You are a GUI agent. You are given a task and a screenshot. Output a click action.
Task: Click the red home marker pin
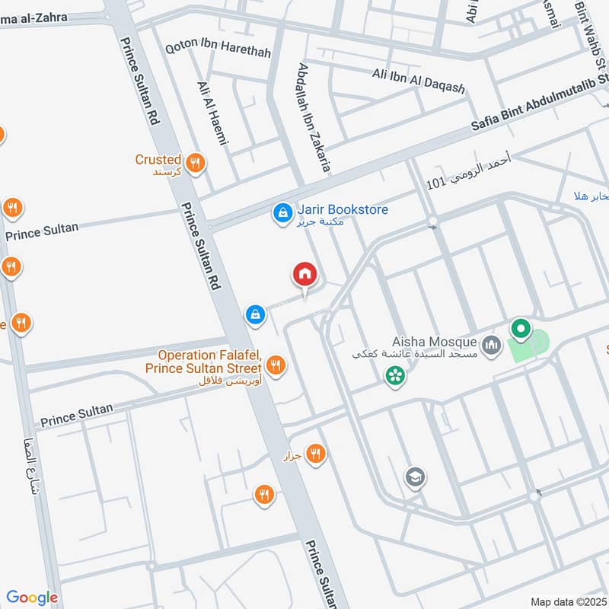pos(304,275)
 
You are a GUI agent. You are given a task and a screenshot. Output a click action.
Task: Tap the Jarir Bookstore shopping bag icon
pos(282,214)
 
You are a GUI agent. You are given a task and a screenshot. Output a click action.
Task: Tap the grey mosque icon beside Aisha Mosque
pos(492,346)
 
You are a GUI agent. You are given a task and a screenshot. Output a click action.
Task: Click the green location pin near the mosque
pos(521,330)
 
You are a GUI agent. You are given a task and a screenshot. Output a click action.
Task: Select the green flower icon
pos(394,375)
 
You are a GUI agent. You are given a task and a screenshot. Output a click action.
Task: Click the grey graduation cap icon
pos(416,477)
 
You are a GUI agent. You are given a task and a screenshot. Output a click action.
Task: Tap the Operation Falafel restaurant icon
pos(276,365)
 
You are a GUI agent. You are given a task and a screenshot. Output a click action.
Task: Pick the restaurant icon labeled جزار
pos(315,454)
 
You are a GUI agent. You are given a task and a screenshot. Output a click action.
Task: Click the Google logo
pos(32,598)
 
